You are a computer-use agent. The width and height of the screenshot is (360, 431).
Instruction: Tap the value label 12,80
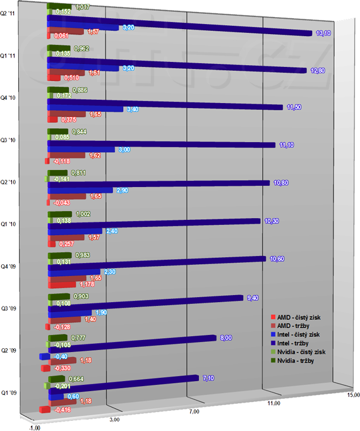point(317,70)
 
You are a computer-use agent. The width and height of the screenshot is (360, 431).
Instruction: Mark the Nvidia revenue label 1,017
point(81,7)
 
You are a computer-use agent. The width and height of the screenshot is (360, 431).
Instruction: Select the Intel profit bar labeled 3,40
point(86,109)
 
